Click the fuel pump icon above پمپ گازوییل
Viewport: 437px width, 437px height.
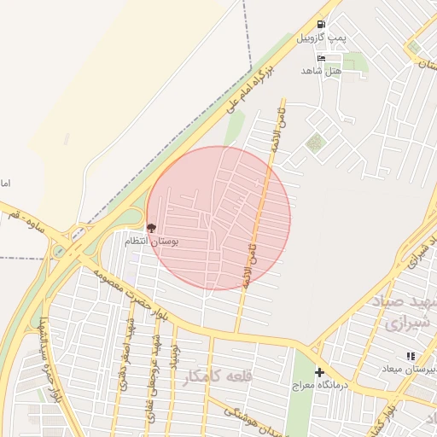(x=321, y=25)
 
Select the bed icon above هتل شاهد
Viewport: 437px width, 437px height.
(x=321, y=58)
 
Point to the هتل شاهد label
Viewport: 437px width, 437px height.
(x=320, y=71)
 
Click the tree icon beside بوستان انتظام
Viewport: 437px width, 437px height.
(x=152, y=228)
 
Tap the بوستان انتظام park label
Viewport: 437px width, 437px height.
(x=177, y=242)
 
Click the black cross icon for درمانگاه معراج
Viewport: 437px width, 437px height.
(x=320, y=372)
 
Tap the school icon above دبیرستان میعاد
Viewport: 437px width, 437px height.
(x=411, y=356)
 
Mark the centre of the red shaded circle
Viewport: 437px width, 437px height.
(x=218, y=218)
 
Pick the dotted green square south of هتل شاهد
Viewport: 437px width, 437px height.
(x=316, y=142)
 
